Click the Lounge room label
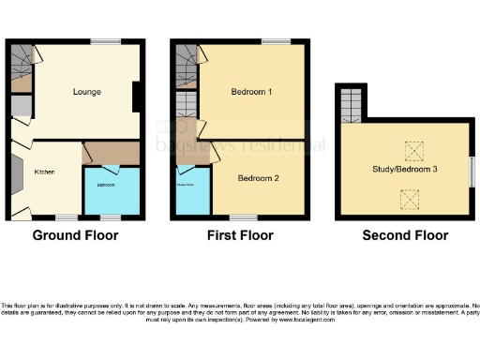[x=87, y=92]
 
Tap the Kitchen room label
[x=44, y=172]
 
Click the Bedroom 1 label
[x=251, y=92]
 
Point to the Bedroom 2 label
[x=257, y=179]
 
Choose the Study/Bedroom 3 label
[x=405, y=169]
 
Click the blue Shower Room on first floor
[x=191, y=193]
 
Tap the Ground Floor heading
[x=76, y=235]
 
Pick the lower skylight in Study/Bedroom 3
[x=410, y=197]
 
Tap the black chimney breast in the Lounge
[x=138, y=96]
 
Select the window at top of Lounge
[x=105, y=41]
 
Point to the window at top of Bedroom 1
[x=275, y=41]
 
